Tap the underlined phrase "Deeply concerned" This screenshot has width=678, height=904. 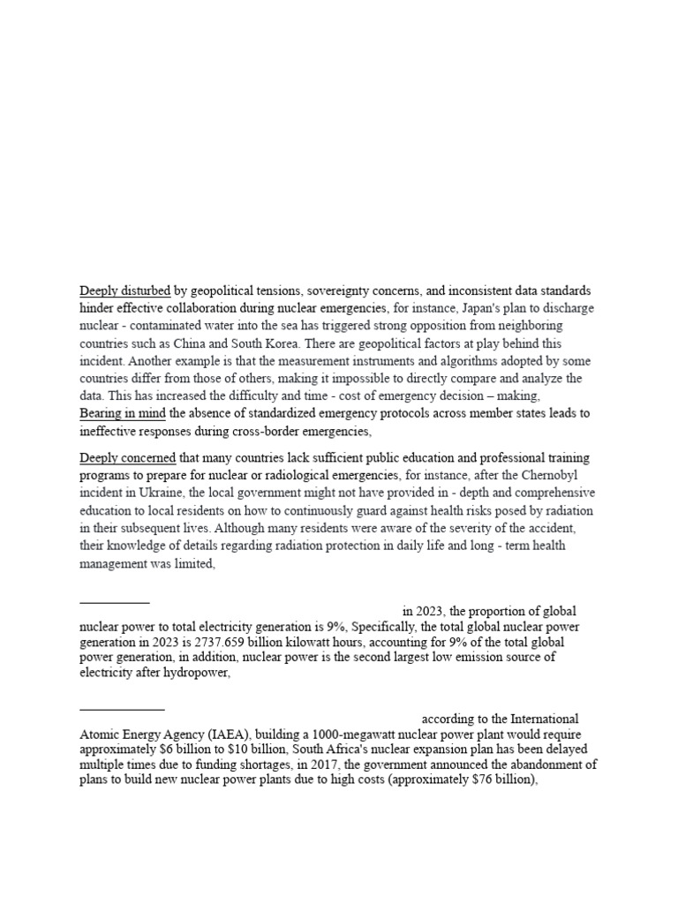tap(128, 458)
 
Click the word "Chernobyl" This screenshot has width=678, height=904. tap(564, 477)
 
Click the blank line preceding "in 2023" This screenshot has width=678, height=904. tap(115, 602)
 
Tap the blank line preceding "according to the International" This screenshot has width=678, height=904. tap(122, 709)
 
